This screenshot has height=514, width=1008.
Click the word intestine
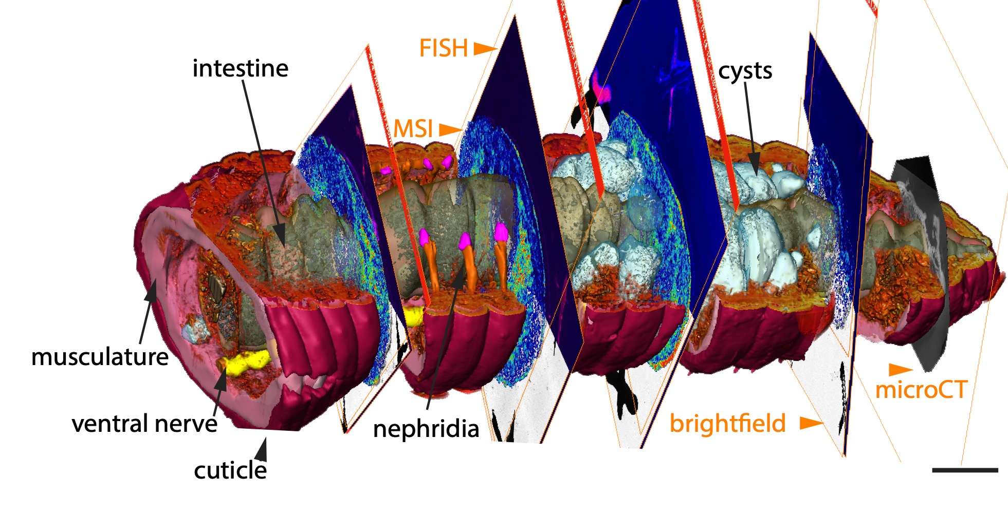pos(240,68)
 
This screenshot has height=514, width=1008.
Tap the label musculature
pos(100,357)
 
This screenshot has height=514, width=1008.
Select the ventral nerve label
pos(144,424)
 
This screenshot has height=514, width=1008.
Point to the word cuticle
pos(230,470)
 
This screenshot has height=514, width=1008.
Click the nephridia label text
pos(426,429)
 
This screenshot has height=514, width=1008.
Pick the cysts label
pos(745,71)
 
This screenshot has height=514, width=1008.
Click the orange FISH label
pos(444,48)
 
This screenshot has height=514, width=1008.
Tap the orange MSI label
pos(413,128)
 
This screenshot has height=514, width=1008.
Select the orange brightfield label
pos(727,424)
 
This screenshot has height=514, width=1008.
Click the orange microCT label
pos(921,390)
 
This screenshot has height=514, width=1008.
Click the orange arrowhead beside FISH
pos(484,49)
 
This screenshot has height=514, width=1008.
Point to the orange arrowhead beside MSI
pos(450,129)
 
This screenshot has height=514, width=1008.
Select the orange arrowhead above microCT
pos(900,369)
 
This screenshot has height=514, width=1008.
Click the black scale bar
pos(965,470)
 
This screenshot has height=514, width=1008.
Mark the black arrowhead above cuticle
pos(262,450)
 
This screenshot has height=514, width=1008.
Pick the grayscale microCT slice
pos(923,257)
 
